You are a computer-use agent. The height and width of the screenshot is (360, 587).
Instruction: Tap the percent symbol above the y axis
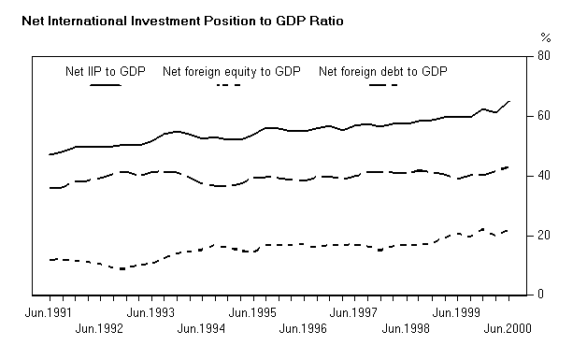pos(546,37)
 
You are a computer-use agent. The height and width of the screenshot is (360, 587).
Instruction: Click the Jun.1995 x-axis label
pos(252,312)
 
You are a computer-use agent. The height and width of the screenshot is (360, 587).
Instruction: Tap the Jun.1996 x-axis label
pos(303,328)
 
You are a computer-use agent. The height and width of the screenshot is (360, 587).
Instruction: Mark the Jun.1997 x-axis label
pos(353,312)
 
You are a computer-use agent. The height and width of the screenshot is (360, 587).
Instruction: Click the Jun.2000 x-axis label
pos(506,328)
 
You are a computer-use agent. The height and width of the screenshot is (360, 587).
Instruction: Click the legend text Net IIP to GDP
pos(105,71)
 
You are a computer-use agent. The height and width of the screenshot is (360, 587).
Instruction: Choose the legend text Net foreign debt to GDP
pos(383,71)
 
